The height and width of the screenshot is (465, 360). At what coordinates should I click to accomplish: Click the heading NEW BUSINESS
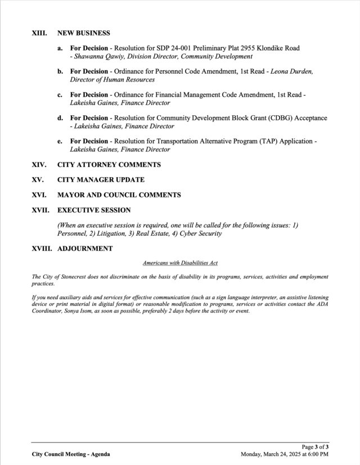pyautogui.click(x=84, y=33)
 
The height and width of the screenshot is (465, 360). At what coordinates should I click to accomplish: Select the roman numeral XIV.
pyautogui.click(x=39, y=165)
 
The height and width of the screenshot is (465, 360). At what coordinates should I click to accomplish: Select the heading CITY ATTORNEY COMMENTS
pyautogui.click(x=109, y=165)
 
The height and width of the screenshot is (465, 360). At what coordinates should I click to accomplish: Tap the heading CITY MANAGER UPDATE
pyautogui.click(x=101, y=180)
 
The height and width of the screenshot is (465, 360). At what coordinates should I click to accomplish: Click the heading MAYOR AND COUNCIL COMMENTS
pyautogui.click(x=119, y=195)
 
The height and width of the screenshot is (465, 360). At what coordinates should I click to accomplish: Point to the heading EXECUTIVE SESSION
pyautogui.click(x=94, y=210)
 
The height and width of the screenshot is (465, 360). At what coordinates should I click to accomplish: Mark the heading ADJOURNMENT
pyautogui.click(x=85, y=249)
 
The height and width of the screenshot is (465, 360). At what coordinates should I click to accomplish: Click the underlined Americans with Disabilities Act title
pyautogui.click(x=180, y=263)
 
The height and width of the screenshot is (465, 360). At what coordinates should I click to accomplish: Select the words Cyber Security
pyautogui.click(x=201, y=233)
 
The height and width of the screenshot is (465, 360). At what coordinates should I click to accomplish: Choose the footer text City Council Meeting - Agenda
pyautogui.click(x=71, y=454)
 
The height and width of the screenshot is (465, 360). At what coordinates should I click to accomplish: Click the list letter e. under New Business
pyautogui.click(x=60, y=141)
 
